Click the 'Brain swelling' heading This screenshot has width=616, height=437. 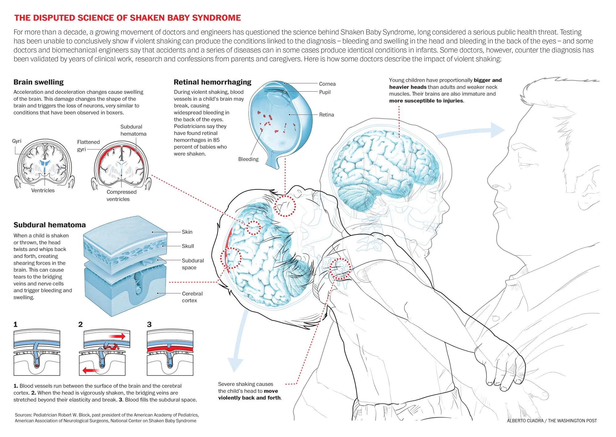coord(38,82)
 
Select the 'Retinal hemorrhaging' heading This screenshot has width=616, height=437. coord(212,82)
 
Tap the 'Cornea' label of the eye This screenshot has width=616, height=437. coord(327,84)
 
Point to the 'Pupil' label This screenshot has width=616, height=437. coord(325,92)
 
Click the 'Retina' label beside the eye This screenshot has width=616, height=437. coord(326,115)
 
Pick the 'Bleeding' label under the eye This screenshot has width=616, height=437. coord(248,159)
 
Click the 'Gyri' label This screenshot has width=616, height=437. coord(17,141)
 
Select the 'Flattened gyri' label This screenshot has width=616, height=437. coord(88,146)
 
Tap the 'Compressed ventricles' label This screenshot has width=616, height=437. coord(121,195)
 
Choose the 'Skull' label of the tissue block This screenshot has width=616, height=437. coord(188,246)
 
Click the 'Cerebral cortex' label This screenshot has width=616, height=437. coord(192,297)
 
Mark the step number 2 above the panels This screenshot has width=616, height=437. coord(80,324)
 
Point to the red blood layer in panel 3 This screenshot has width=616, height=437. coord(170,349)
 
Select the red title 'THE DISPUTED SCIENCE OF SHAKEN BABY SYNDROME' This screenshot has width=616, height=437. coord(128,18)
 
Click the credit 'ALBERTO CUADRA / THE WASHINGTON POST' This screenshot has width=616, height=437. coord(552,421)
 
